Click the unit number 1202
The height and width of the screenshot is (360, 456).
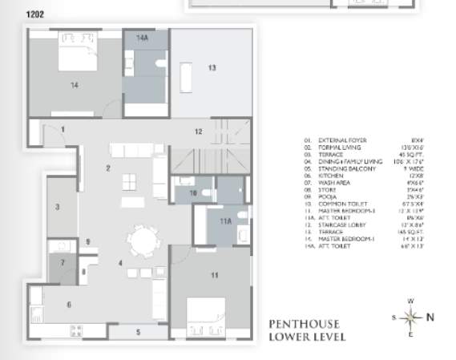36,14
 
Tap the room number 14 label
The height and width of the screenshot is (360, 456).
74,83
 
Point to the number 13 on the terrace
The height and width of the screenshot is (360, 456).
212,68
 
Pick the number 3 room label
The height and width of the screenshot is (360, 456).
57,207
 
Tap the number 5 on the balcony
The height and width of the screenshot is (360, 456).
137,331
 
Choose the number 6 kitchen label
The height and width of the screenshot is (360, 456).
69,305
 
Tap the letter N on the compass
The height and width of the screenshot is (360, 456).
430,317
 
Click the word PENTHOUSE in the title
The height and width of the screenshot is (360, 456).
305,325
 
